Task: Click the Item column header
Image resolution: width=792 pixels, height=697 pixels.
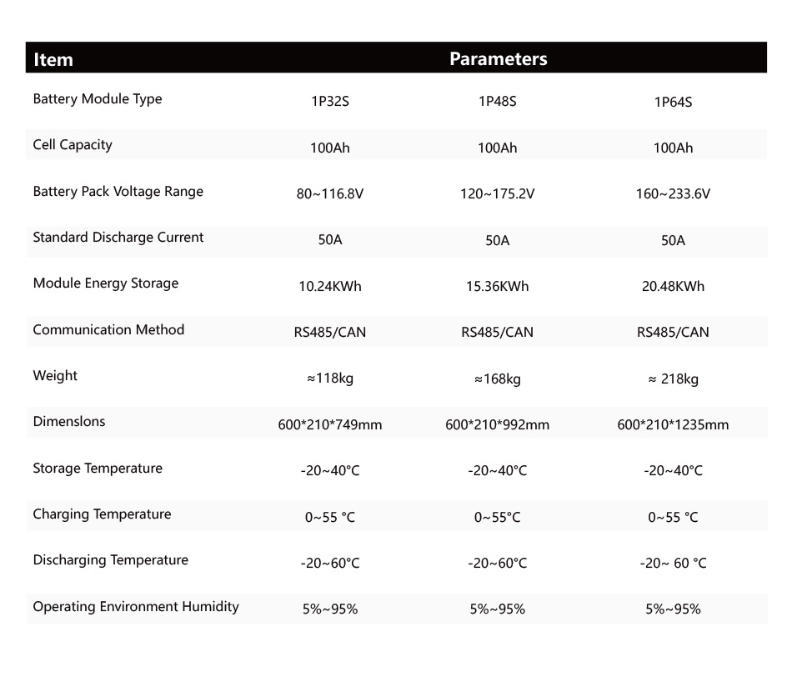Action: pyautogui.click(x=53, y=60)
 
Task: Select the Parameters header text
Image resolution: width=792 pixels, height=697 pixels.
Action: pyautogui.click(x=498, y=59)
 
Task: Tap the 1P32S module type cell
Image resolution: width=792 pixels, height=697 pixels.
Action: pyautogui.click(x=330, y=103)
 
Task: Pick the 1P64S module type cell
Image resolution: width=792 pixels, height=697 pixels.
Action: pyautogui.click(x=673, y=103)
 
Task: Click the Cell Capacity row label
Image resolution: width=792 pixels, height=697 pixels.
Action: pyautogui.click(x=73, y=145)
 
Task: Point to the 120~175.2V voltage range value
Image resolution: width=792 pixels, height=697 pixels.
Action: pyautogui.click(x=497, y=194)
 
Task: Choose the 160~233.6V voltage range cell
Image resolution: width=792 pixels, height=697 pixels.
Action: pyautogui.click(x=673, y=194)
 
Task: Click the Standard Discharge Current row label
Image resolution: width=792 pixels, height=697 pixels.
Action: pyautogui.click(x=118, y=238)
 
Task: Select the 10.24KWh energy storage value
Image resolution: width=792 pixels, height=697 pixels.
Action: pyautogui.click(x=330, y=287)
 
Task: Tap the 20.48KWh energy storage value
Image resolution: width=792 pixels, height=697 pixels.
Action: pyautogui.click(x=673, y=287)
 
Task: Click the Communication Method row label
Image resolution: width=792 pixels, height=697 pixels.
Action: pyautogui.click(x=108, y=330)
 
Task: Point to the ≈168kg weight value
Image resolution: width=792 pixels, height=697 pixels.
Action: pyautogui.click(x=497, y=379)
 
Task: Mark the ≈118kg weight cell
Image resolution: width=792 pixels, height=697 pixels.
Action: pyautogui.click(x=330, y=379)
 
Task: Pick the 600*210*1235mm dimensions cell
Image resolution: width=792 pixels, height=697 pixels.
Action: pyautogui.click(x=673, y=425)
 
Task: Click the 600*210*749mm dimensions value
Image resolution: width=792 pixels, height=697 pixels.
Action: pyautogui.click(x=330, y=425)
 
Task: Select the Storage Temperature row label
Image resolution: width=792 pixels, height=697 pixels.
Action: pyautogui.click(x=98, y=469)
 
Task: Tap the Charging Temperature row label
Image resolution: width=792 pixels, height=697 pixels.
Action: pyautogui.click(x=102, y=514)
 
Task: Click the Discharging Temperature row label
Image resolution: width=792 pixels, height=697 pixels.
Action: pyautogui.click(x=111, y=560)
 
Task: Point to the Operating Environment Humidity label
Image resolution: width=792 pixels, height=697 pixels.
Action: pyautogui.click(x=136, y=607)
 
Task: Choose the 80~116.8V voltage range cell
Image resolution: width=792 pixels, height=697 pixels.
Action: pyautogui.click(x=330, y=194)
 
